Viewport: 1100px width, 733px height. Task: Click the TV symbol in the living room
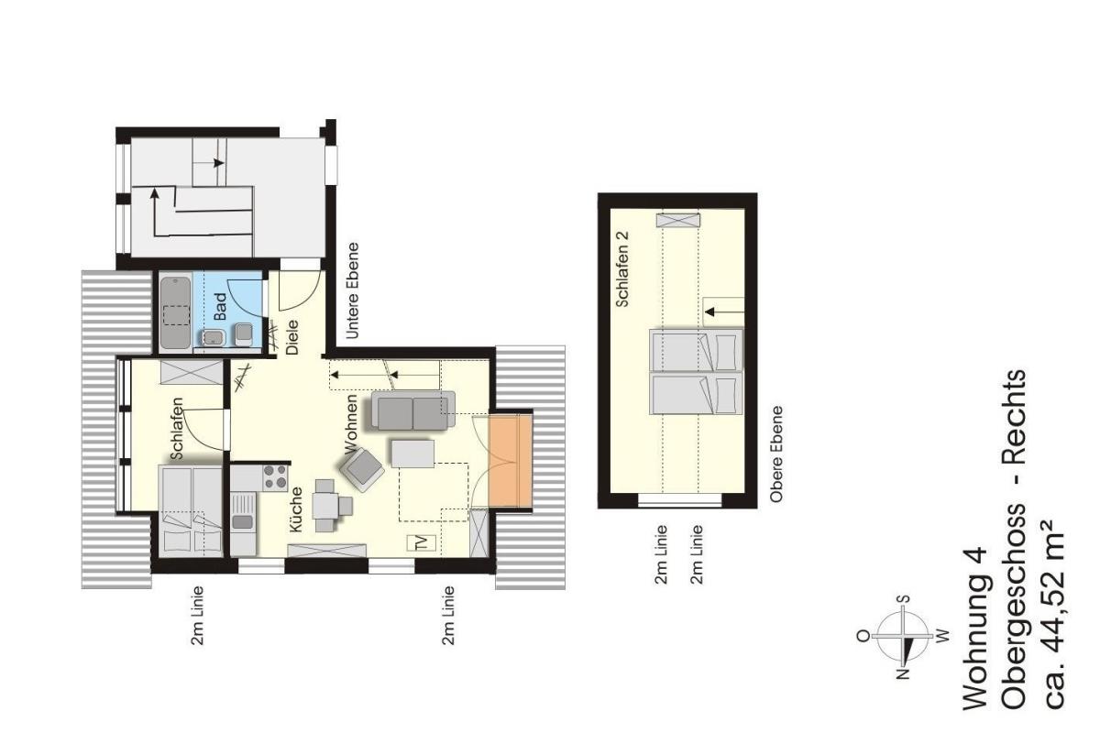click(x=422, y=542)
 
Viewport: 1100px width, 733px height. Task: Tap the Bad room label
click(x=221, y=306)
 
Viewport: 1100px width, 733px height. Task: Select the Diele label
click(x=292, y=337)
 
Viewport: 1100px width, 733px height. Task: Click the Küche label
click(x=295, y=509)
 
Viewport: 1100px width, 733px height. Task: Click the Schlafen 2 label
click(x=622, y=269)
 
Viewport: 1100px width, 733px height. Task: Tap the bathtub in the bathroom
click(x=175, y=313)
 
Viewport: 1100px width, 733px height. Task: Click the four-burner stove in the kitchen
click(x=275, y=477)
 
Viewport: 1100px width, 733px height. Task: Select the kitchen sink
click(x=243, y=511)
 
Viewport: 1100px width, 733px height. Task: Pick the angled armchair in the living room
click(x=362, y=469)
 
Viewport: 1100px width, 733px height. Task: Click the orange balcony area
click(x=511, y=460)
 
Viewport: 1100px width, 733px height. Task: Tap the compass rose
click(x=903, y=636)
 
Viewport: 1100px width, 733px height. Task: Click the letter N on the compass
click(x=903, y=673)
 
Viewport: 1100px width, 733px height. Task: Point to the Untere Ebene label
click(x=352, y=290)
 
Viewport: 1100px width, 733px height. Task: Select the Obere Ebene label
click(x=776, y=454)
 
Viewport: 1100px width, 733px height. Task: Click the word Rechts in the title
click(x=1013, y=417)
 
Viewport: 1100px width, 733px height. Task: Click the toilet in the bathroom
click(x=245, y=334)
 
